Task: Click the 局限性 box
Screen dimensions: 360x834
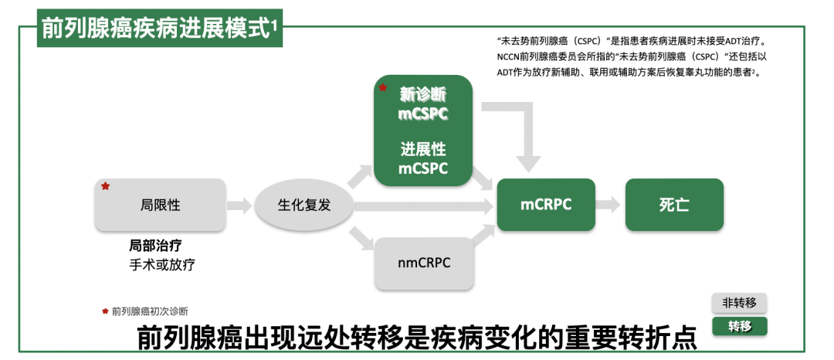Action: tap(161, 205)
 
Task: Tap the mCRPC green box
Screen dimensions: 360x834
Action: tap(545, 205)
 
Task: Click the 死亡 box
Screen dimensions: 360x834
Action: tap(673, 205)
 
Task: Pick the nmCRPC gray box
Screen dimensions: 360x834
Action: tap(423, 263)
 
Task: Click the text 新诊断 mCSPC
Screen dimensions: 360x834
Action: tap(423, 104)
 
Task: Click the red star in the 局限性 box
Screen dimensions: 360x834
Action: tap(106, 187)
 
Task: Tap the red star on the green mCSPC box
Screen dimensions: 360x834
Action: tap(381, 88)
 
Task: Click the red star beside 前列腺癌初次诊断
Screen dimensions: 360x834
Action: tap(105, 311)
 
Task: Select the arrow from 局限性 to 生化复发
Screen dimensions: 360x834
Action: tap(240, 205)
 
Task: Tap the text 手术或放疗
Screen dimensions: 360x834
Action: tap(161, 265)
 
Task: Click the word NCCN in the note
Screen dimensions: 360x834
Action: tap(509, 56)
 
